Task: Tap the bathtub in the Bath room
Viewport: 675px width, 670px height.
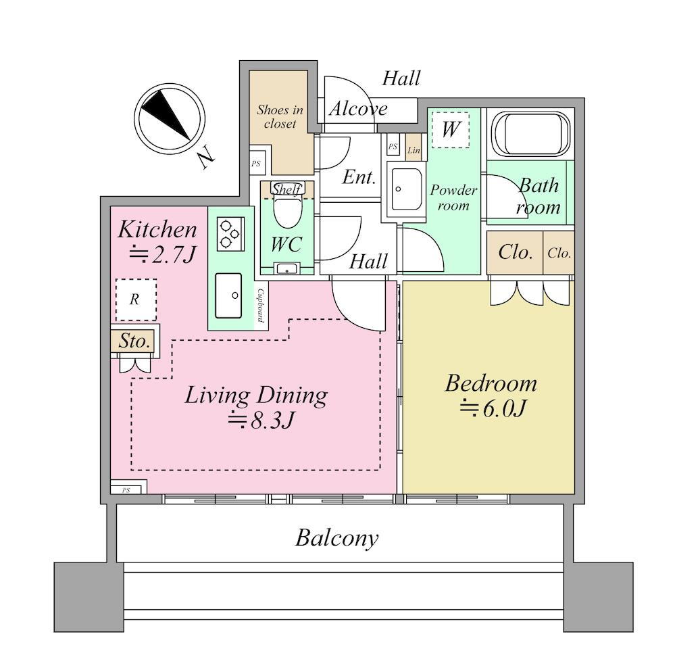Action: [530, 134]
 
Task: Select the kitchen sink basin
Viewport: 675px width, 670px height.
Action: [228, 295]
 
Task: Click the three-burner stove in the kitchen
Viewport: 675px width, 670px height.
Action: [230, 234]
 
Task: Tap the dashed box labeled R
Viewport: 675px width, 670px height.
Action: [136, 300]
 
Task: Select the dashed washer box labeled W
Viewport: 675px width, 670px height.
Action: [451, 130]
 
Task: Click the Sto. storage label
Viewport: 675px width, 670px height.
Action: [134, 341]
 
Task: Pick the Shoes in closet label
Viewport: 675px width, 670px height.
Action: [280, 117]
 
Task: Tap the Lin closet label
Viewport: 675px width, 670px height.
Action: [414, 150]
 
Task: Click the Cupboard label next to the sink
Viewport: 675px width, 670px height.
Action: [261, 305]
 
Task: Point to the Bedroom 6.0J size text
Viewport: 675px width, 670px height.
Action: [493, 409]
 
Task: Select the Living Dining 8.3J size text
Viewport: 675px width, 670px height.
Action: [261, 421]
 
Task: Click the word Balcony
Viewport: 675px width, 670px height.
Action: [337, 538]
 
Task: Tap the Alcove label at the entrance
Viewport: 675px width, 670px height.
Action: [359, 109]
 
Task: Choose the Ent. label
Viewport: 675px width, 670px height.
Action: [359, 177]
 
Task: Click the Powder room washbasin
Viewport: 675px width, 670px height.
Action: [405, 189]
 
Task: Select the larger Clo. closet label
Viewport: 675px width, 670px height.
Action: [515, 252]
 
